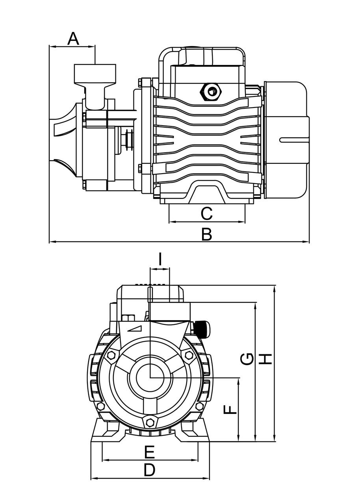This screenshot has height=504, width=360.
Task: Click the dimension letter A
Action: [73, 39]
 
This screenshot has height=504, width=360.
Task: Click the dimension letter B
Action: [206, 234]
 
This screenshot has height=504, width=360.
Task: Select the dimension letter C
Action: [206, 214]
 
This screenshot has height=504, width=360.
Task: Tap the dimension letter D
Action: [149, 470]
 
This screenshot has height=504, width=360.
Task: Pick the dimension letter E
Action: [149, 452]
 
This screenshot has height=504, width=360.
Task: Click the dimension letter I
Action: [160, 259]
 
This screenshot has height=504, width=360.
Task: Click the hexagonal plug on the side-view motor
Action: [211, 92]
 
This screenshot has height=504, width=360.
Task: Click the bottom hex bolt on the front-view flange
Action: [150, 422]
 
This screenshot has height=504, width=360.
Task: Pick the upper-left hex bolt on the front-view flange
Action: [111, 355]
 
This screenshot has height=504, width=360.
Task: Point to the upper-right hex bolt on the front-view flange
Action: [189, 355]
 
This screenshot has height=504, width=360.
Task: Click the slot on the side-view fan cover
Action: [293, 140]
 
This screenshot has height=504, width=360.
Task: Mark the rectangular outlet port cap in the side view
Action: [95, 73]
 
